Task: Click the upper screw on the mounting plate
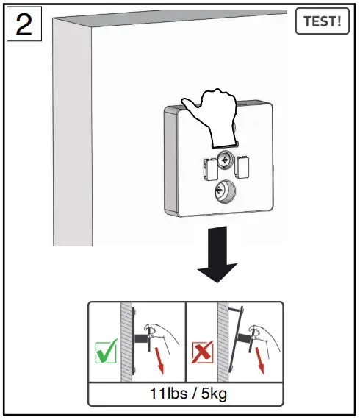tap(223, 160)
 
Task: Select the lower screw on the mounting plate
tap(220, 192)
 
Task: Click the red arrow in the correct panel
tap(156, 360)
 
